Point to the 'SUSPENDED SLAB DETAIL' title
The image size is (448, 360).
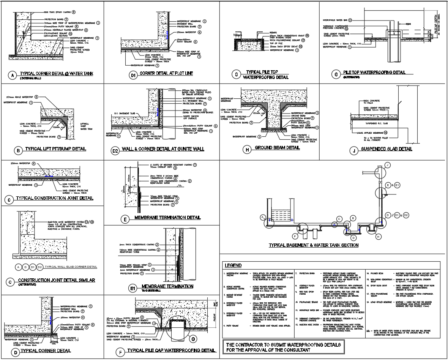tap(387, 149)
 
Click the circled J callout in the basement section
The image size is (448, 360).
tap(387, 165)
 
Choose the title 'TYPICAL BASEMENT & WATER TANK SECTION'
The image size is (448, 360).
tap(314, 245)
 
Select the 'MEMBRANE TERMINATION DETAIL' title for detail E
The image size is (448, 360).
tap(167, 218)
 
